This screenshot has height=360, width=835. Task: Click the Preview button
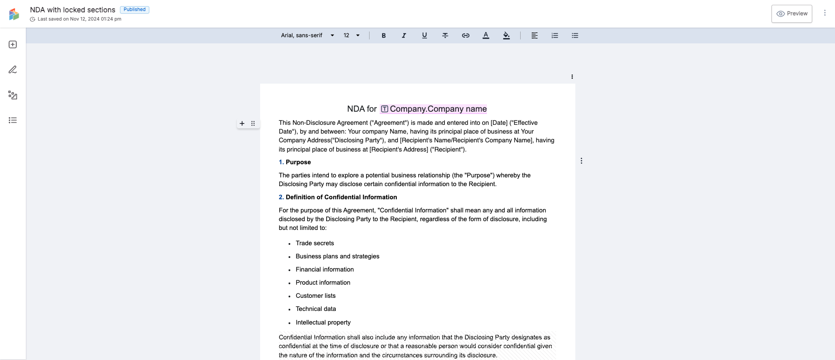tap(792, 14)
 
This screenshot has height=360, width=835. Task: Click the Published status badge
tap(134, 10)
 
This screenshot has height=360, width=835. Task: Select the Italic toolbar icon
tap(404, 35)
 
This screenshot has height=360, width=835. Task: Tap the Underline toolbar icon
tap(424, 35)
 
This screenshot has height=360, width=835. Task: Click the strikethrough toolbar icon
tap(445, 35)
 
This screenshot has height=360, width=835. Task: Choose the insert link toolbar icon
tap(465, 35)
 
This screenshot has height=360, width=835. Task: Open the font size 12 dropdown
tap(352, 35)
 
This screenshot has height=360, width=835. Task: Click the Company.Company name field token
tap(433, 109)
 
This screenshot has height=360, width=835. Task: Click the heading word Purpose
tap(298, 162)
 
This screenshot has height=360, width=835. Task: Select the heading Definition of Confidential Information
tap(341, 197)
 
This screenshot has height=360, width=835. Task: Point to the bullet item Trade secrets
tap(314, 243)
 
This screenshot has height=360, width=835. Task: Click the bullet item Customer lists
tap(315, 296)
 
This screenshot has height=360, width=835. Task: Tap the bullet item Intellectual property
tap(323, 322)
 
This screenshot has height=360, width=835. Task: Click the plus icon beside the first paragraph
tap(242, 124)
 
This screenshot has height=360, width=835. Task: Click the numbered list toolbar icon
tap(555, 35)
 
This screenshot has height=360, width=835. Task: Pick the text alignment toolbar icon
tap(535, 35)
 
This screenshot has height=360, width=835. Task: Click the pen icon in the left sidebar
tap(13, 70)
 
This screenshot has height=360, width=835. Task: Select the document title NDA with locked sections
tap(73, 10)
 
